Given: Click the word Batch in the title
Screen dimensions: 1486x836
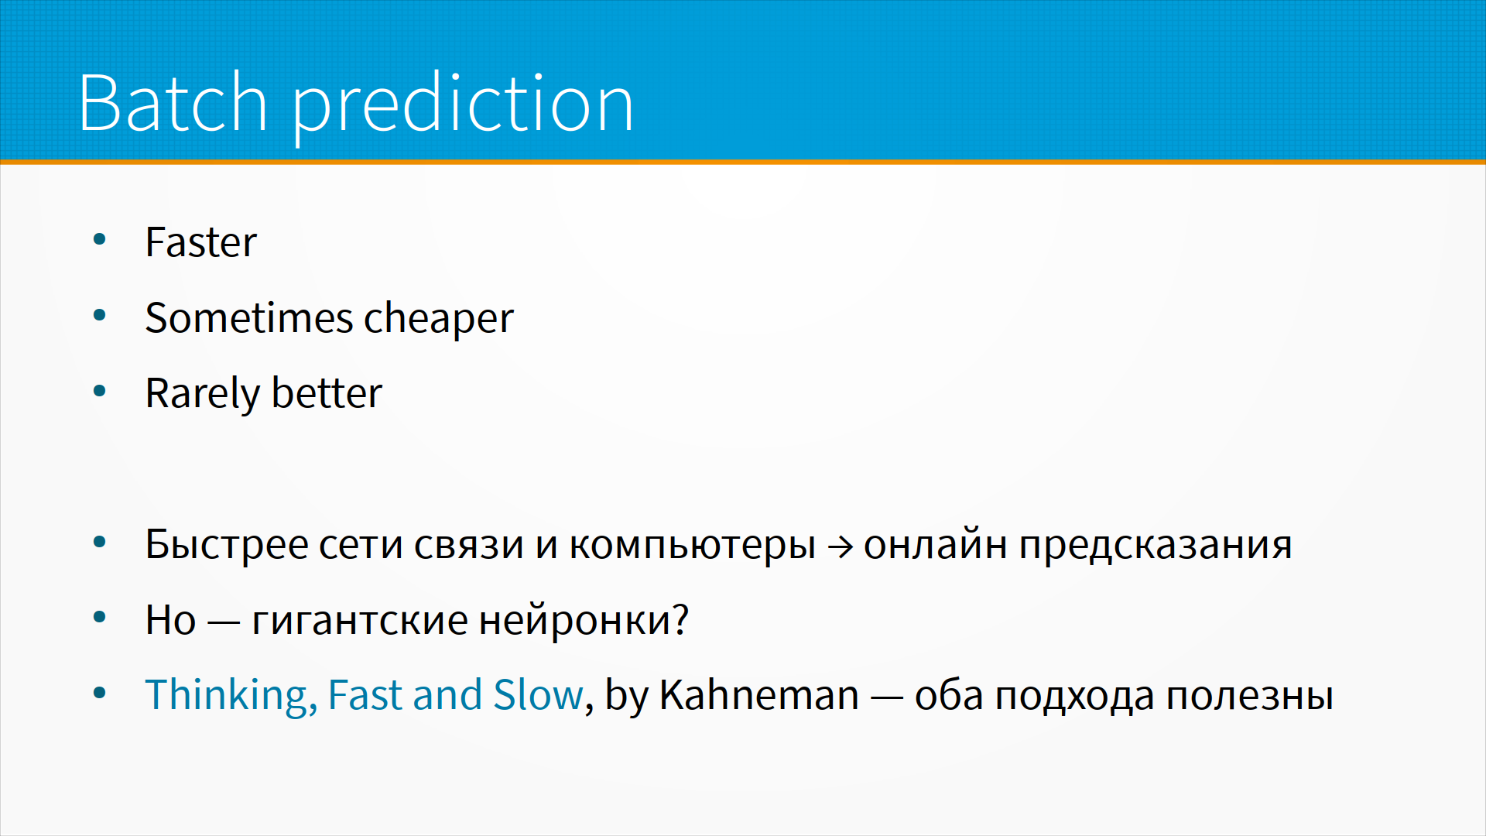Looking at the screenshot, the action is click(173, 102).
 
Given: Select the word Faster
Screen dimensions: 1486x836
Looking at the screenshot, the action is click(200, 242).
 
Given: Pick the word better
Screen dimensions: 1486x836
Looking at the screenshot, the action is click(327, 392).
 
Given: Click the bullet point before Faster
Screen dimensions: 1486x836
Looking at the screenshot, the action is click(99, 240).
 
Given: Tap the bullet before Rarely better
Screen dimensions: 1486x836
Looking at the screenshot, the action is click(99, 391).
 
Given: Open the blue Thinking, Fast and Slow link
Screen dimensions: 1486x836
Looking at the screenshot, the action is click(364, 695).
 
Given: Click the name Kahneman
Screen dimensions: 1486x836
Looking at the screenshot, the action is click(759, 694).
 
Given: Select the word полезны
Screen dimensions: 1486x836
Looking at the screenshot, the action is click(1250, 696).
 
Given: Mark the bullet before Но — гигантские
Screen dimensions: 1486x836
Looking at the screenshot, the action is click(99, 618).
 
